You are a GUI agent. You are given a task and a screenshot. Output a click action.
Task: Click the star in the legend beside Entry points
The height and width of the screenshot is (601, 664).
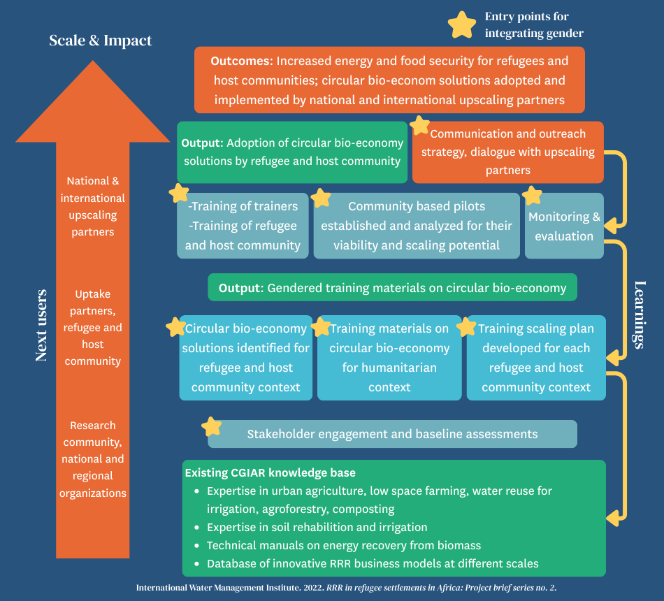[461, 24]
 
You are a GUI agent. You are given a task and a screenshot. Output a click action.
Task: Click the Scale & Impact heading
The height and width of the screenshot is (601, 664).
[100, 41]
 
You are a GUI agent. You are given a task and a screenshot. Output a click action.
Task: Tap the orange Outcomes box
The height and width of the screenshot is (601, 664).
[389, 80]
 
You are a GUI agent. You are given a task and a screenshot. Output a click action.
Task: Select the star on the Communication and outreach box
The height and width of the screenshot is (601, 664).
[420, 125]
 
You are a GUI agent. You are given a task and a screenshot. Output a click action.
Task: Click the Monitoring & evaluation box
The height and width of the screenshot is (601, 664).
[564, 226]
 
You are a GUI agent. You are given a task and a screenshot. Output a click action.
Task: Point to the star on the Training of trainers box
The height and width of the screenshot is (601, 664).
[179, 193]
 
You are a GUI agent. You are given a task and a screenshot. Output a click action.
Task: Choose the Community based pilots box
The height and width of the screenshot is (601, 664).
[417, 226]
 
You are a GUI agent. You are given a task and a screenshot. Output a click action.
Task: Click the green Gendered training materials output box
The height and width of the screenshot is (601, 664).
[392, 287]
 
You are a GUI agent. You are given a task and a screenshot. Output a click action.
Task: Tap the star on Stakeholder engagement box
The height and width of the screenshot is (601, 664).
[212, 426]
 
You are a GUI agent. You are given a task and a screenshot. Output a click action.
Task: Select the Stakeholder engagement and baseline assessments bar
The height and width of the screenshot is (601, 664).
[392, 434]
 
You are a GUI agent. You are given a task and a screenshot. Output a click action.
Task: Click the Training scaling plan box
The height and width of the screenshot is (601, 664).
[536, 358]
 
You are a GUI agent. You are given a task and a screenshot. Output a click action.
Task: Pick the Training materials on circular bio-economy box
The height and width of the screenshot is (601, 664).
[389, 358]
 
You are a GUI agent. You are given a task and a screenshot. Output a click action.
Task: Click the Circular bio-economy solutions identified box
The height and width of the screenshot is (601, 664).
[245, 358]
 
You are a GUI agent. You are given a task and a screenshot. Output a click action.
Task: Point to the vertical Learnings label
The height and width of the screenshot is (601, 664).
[638, 314]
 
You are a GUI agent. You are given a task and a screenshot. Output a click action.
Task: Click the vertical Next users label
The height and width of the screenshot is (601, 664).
[41, 324]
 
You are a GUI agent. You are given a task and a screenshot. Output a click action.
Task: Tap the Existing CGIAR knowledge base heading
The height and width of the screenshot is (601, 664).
[270, 472]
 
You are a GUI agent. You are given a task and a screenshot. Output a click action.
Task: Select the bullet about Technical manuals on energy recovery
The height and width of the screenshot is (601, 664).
[343, 545]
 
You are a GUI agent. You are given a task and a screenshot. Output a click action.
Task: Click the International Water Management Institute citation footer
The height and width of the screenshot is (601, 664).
[346, 588]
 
